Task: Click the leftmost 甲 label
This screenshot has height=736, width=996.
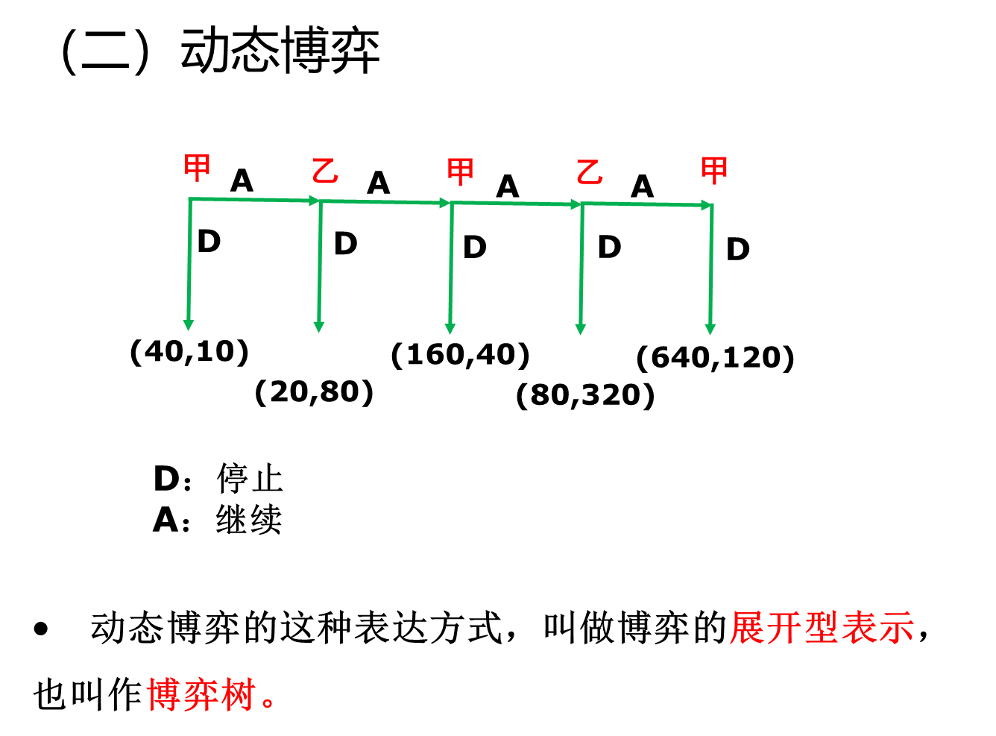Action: [198, 169]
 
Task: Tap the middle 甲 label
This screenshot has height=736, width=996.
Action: [460, 172]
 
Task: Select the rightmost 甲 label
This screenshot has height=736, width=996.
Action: [714, 171]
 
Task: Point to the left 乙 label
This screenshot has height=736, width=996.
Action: [325, 172]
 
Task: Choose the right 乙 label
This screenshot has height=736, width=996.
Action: [589, 172]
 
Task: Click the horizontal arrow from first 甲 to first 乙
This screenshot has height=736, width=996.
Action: [254, 199]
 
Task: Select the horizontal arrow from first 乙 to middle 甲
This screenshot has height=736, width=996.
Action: [385, 201]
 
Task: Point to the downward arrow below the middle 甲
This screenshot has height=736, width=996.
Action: [451, 268]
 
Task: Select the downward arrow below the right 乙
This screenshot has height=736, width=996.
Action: [581, 268]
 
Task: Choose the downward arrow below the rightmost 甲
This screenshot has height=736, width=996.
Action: [711, 269]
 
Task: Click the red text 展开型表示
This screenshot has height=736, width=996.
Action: [822, 628]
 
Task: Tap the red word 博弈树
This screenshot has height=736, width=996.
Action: [202, 694]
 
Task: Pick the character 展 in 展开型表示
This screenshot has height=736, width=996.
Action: [748, 628]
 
